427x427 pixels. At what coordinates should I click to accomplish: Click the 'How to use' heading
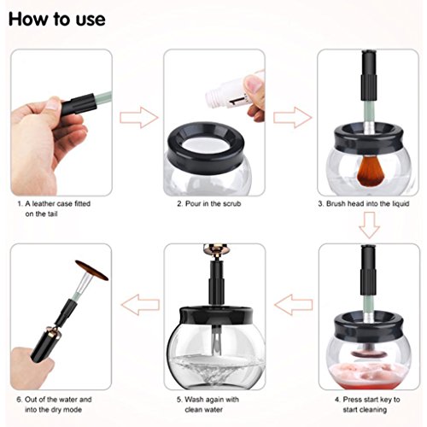tap(57, 19)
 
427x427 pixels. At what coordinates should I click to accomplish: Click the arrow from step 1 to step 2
tap(138, 118)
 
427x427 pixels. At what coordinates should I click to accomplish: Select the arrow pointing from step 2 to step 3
tap(293, 117)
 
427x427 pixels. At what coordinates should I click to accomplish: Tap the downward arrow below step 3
tap(369, 225)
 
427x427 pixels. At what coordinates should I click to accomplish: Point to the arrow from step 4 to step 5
tap(294, 305)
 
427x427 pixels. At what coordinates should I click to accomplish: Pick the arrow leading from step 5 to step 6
tap(140, 305)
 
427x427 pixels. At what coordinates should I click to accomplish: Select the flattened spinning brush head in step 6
tap(91, 270)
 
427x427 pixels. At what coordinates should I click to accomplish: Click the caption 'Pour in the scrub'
tap(209, 204)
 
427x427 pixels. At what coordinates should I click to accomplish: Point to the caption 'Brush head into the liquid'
tap(364, 204)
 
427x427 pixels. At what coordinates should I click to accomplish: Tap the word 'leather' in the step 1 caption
tap(44, 204)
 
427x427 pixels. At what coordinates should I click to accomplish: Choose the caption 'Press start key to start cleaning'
tap(367, 405)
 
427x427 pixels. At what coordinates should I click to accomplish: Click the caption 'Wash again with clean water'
tap(208, 405)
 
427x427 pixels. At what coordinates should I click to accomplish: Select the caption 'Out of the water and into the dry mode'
tap(54, 405)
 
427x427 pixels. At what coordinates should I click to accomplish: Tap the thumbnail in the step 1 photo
tap(54, 104)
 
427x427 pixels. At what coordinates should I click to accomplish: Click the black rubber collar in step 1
tap(78, 104)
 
